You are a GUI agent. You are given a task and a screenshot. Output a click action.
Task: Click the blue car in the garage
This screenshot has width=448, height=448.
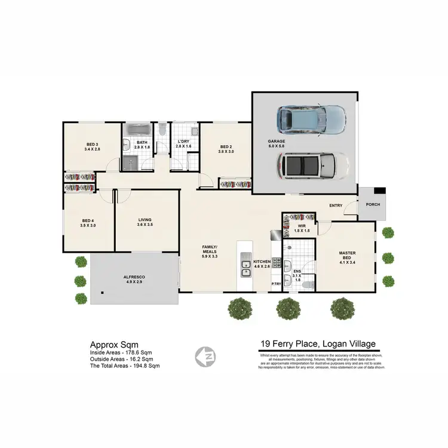[x=311, y=119]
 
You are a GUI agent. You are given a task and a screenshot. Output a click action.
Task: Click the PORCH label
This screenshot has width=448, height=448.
[x=373, y=204]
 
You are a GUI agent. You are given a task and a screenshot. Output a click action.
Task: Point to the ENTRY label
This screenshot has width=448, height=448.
[x=336, y=205]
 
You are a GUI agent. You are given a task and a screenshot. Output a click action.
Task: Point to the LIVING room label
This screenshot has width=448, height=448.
[x=145, y=222]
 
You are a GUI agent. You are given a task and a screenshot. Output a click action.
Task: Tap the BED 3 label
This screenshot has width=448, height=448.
[x=93, y=146]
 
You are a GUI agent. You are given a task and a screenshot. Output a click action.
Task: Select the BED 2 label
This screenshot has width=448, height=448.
[x=225, y=149]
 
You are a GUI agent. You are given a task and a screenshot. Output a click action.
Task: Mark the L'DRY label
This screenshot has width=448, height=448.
[x=183, y=144]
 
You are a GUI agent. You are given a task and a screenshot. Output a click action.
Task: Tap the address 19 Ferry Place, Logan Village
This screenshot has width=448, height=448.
[x=318, y=344]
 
